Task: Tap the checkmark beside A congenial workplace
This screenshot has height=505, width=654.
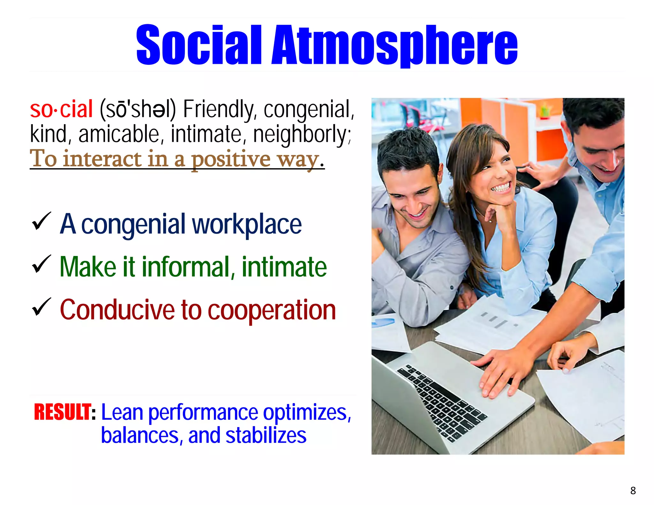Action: [x=41, y=221]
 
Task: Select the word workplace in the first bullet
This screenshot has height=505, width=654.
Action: [x=247, y=224]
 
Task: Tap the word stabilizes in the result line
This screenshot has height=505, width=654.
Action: [x=266, y=435]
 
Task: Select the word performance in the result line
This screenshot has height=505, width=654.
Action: [x=203, y=412]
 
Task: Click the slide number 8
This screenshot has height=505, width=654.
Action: [x=633, y=490]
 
